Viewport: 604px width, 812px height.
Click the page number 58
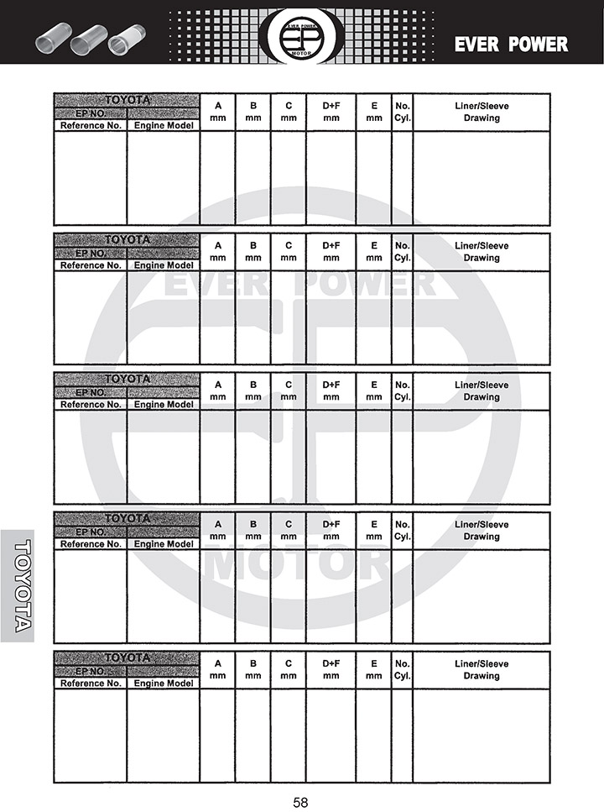(x=301, y=802)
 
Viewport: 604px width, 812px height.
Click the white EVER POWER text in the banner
(x=511, y=45)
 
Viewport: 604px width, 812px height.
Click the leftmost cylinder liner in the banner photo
(x=51, y=39)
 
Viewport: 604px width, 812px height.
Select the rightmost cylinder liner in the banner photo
(x=125, y=38)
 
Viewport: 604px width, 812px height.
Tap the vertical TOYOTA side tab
(x=18, y=585)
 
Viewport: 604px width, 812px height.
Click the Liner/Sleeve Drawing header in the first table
(x=482, y=113)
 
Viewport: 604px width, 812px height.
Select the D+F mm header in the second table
(x=331, y=252)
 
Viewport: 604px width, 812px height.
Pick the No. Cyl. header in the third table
(x=402, y=391)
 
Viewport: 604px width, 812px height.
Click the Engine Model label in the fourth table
(x=164, y=544)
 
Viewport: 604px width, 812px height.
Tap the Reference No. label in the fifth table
(x=91, y=684)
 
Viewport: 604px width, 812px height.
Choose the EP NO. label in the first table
(x=91, y=113)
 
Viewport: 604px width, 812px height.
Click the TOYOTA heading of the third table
(x=128, y=379)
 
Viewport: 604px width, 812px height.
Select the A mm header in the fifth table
(x=218, y=670)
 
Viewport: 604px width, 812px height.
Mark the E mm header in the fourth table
(x=374, y=531)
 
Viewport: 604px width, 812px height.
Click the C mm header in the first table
(x=289, y=113)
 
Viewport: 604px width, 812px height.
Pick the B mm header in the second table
(x=253, y=252)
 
